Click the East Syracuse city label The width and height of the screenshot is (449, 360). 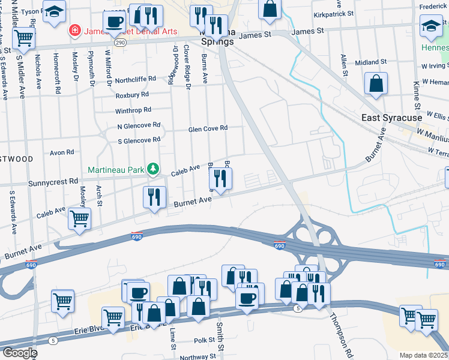[x=392, y=118]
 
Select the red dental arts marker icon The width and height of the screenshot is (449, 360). [x=75, y=30]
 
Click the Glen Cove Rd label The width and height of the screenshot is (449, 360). [x=208, y=128]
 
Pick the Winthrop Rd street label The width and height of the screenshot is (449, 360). [x=133, y=110]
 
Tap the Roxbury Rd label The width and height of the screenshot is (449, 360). [x=132, y=95]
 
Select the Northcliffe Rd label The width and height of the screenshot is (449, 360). [x=136, y=79]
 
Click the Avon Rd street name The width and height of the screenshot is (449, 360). [x=62, y=152]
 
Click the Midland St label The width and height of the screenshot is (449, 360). [x=370, y=62]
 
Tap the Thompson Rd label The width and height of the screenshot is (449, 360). [x=338, y=332]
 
